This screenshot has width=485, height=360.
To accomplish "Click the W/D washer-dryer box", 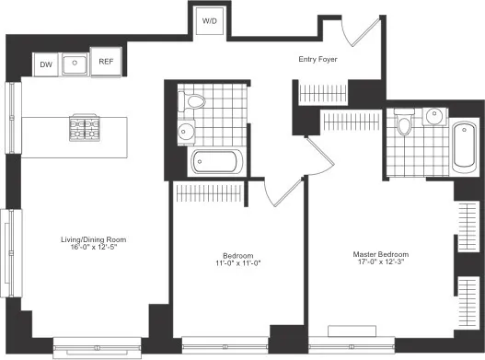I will point(211,20).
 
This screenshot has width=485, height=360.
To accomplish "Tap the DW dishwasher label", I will point(45,64).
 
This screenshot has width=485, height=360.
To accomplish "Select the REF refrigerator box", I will point(106,64).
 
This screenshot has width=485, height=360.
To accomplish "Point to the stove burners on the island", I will point(84,127).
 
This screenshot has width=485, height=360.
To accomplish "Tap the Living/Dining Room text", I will point(89,239).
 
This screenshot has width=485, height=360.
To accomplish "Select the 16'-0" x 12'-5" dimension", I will point(89,248).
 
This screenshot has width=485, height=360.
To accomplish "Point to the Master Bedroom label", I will point(381,254).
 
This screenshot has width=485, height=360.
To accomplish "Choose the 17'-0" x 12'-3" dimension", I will point(381,262).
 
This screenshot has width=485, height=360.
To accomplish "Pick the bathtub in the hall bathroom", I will point(217,164).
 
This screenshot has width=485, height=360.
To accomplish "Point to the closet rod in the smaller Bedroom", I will point(215,194).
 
